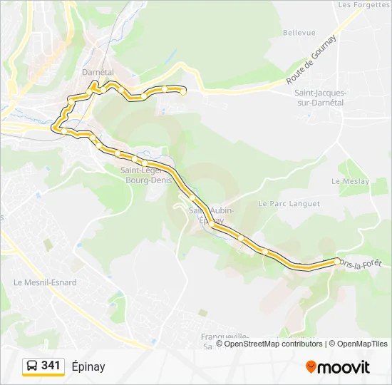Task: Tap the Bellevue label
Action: (x=299, y=33)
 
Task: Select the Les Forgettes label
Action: (x=355, y=4)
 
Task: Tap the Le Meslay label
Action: (x=351, y=182)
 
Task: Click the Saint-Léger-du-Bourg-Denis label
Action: (x=143, y=175)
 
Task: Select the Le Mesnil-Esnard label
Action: (x=45, y=282)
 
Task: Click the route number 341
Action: (x=51, y=366)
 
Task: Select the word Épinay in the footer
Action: (x=88, y=366)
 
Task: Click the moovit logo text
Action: (x=344, y=367)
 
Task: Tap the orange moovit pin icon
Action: (x=311, y=366)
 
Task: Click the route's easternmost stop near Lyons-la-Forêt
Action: (x=336, y=262)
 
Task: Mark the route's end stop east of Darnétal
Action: (x=183, y=91)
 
